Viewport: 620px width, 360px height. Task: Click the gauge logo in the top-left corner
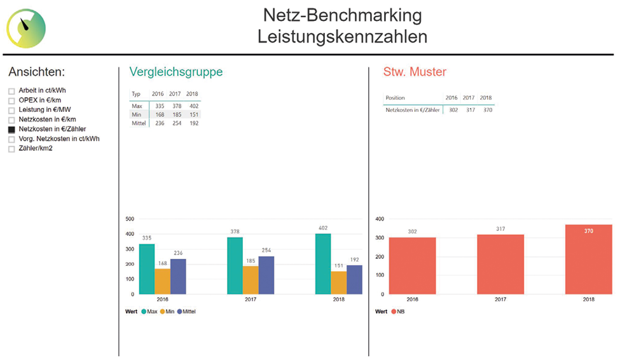tap(26, 29)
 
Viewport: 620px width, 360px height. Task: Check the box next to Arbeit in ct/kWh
tap(11, 91)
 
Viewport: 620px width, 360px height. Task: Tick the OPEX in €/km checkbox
tap(11, 100)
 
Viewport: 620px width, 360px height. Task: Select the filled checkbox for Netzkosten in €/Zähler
tap(11, 129)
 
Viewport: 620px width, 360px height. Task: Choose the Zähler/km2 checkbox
tap(11, 149)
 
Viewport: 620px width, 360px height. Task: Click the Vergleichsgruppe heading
tap(176, 72)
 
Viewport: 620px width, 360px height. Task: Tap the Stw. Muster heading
tap(415, 72)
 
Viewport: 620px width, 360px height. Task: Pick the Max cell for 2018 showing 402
tap(194, 106)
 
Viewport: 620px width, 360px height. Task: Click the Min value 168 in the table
tap(160, 114)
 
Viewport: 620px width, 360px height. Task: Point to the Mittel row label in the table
tap(139, 123)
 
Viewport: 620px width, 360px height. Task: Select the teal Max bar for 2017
tap(235, 265)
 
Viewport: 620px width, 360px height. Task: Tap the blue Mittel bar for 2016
tap(178, 276)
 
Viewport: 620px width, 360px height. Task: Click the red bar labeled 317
tap(500, 264)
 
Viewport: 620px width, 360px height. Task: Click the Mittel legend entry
tap(186, 312)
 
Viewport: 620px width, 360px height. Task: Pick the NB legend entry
tap(397, 312)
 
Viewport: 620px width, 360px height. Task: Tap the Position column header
tap(395, 98)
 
